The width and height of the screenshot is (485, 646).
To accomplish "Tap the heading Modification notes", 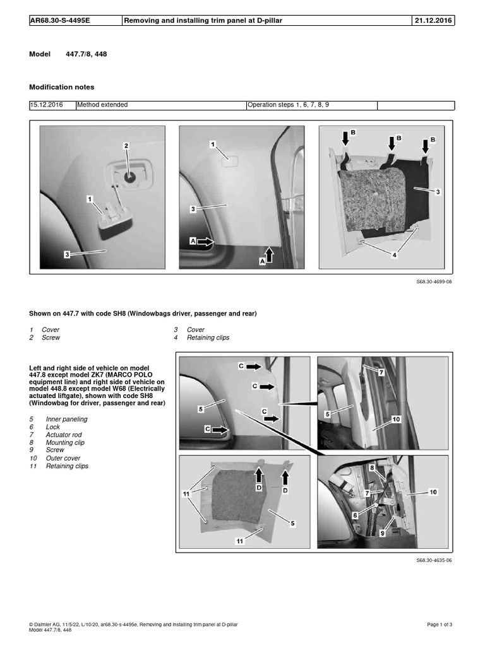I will pyautogui.click(x=62, y=86).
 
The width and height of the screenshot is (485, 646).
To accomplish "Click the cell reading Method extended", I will pyautogui.click(x=102, y=105).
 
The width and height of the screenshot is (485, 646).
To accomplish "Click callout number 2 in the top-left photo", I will pyautogui.click(x=126, y=146).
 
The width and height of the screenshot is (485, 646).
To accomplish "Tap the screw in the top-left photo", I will pyautogui.click(x=129, y=177).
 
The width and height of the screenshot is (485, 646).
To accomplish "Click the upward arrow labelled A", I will pyautogui.click(x=269, y=254).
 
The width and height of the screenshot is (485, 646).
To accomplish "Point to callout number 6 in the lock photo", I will pyautogui.click(x=355, y=515).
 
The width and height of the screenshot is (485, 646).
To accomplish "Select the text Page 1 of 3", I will pyautogui.click(x=440, y=624).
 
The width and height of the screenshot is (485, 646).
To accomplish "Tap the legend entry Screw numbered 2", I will pyautogui.click(x=51, y=338).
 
